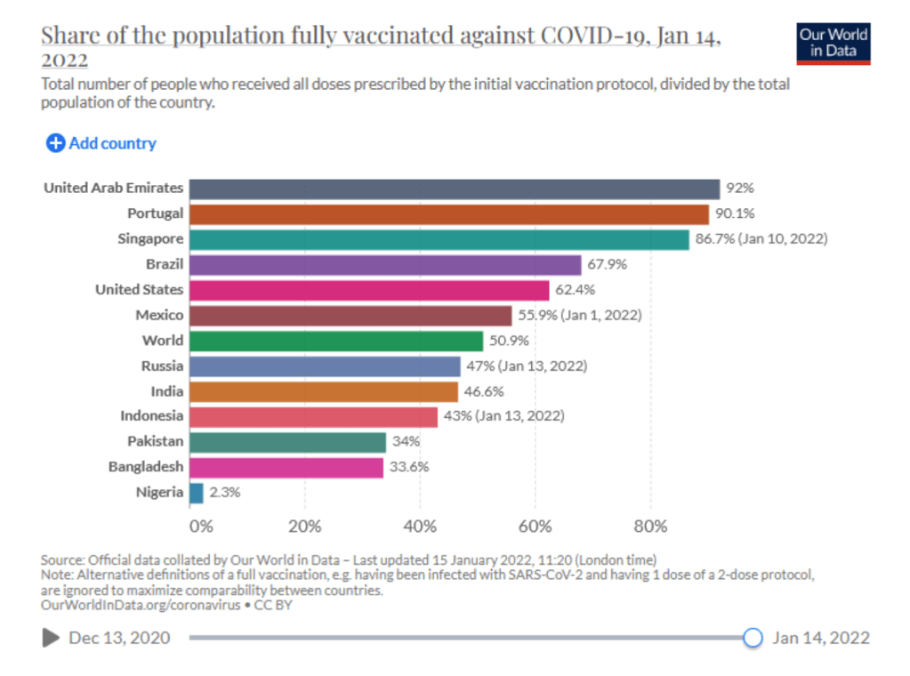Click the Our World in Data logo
pos(833,42)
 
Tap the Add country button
pos(101,143)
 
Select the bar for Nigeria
pos(196,493)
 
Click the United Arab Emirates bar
pos(454,189)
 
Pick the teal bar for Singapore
pos(439,239)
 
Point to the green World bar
pos(335,341)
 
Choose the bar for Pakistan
pos(287,442)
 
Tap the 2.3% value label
pos(225,493)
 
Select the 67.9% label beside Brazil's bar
pos(608,265)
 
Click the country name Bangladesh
pos(146,467)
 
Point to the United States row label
pos(140,290)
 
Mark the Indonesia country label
pos(152,416)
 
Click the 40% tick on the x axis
pos(421,527)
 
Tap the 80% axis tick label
pos(650,527)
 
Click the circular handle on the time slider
pos(753,638)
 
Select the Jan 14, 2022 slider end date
pos(821,638)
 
